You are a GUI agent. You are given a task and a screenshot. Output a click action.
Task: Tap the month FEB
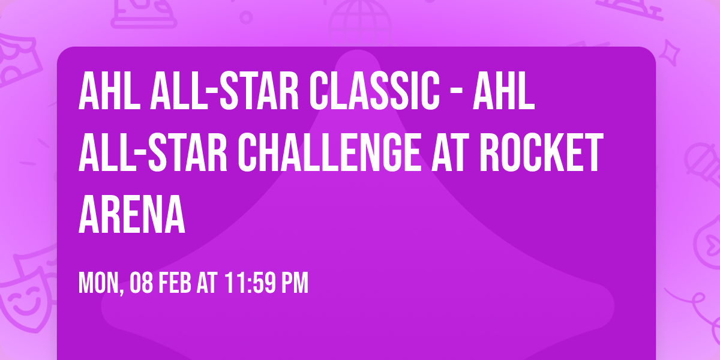pyautogui.click(x=176, y=283)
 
